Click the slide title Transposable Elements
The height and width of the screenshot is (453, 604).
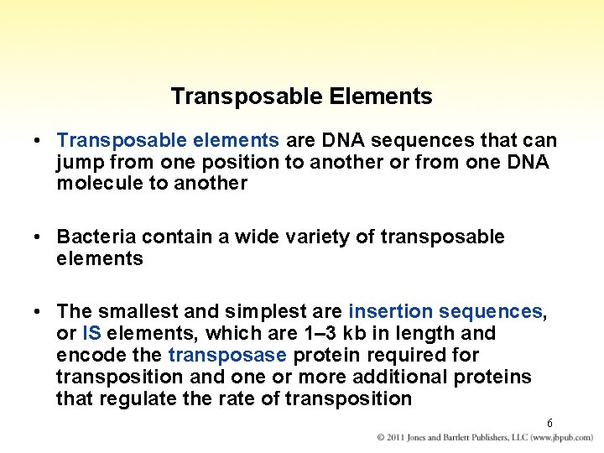coord(301,96)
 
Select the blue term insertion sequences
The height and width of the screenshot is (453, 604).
coord(445,312)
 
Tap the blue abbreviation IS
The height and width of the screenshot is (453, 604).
coord(92,334)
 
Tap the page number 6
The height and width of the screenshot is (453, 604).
coord(549,423)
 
